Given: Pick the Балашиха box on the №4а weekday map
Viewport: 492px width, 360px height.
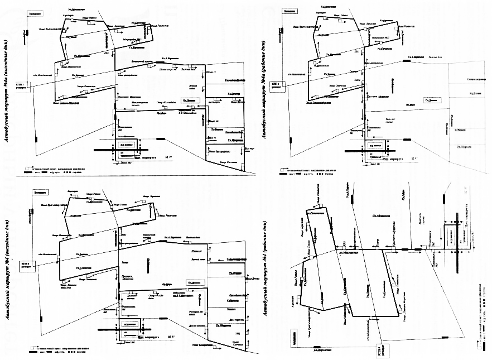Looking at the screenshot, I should coord(289,11).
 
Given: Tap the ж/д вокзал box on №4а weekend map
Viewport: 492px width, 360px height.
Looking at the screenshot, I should coord(128,143).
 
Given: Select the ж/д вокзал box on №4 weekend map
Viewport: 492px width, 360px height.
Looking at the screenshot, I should coord(129,324).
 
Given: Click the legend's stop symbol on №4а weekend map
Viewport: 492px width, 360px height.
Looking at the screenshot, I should coord(27,167).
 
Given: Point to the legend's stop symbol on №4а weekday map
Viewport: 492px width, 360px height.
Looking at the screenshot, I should coord(282,167).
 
